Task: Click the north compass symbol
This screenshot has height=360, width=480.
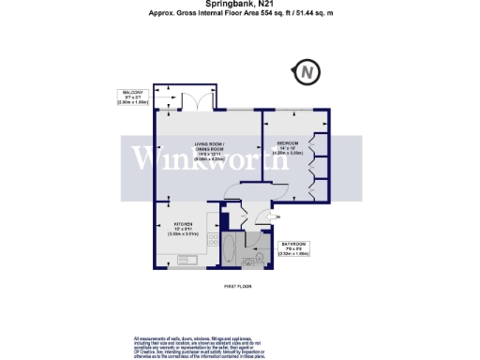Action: (x=306, y=71)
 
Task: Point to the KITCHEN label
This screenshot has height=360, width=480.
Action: (x=183, y=225)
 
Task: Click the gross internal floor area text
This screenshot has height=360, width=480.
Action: (x=240, y=15)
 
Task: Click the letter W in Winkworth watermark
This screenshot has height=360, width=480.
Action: (x=146, y=158)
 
